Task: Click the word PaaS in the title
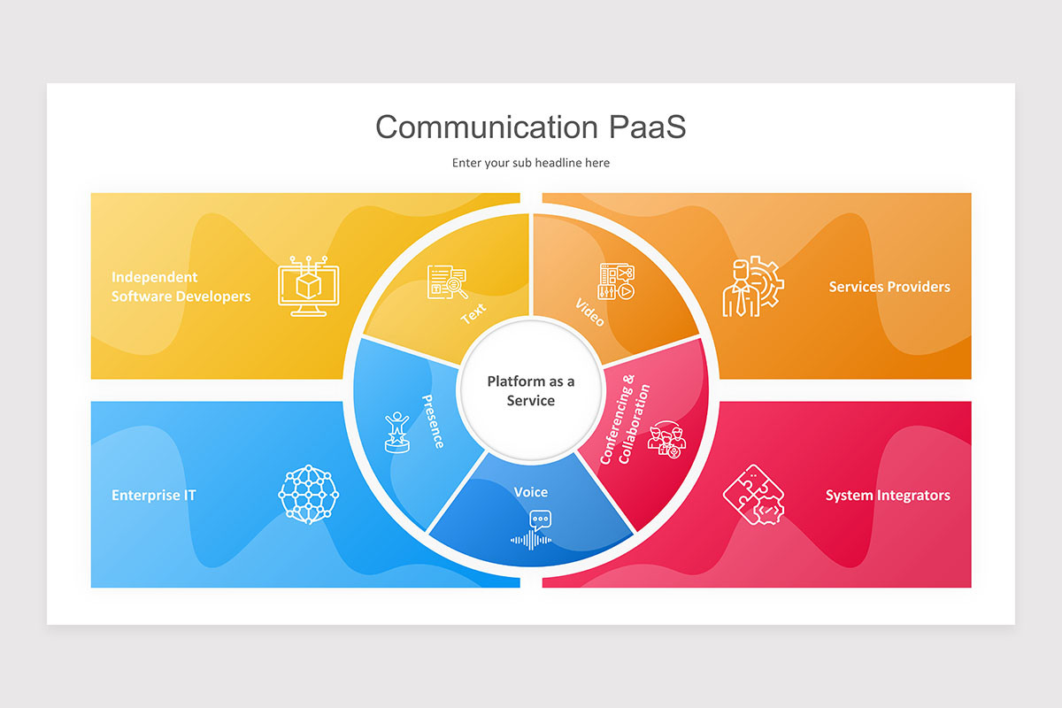[647, 127]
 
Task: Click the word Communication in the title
[487, 127]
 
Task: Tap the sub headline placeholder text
[530, 163]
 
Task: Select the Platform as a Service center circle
[530, 390]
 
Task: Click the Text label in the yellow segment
[473, 313]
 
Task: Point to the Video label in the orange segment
[589, 312]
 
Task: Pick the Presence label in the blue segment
[433, 421]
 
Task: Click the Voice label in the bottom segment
[530, 492]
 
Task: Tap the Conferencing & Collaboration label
[625, 419]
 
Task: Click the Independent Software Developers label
[181, 287]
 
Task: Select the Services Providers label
[889, 287]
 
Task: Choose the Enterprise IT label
[154, 495]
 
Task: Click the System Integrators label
[888, 495]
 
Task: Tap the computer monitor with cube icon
[309, 286]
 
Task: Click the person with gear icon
[753, 287]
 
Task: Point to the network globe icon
[309, 494]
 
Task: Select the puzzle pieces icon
[753, 495]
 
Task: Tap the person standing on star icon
[396, 432]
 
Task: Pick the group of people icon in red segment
[666, 440]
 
